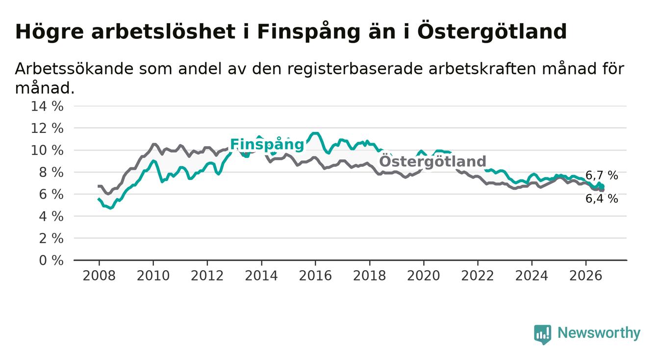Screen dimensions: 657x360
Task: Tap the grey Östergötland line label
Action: (x=432, y=161)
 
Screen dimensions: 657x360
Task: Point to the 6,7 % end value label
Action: (x=602, y=176)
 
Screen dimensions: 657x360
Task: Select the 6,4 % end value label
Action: (x=602, y=199)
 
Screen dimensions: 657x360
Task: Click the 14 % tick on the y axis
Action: (x=47, y=106)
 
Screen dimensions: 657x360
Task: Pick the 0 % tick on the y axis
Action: (x=51, y=260)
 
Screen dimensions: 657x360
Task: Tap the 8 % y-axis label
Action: (x=51, y=173)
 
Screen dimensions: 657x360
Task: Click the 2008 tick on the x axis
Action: (x=99, y=276)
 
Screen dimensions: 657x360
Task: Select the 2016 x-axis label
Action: (x=315, y=276)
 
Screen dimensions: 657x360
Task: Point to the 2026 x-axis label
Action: (x=586, y=276)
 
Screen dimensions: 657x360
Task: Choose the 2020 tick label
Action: (x=424, y=276)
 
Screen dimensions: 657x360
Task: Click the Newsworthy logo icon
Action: (x=542, y=334)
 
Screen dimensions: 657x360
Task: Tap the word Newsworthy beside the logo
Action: (x=599, y=333)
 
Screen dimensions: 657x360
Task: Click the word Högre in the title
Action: (x=50, y=32)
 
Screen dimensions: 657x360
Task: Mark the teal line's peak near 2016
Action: (x=315, y=133)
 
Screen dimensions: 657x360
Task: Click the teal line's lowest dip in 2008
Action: (x=110, y=208)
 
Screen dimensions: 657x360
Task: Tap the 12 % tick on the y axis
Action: (x=47, y=129)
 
